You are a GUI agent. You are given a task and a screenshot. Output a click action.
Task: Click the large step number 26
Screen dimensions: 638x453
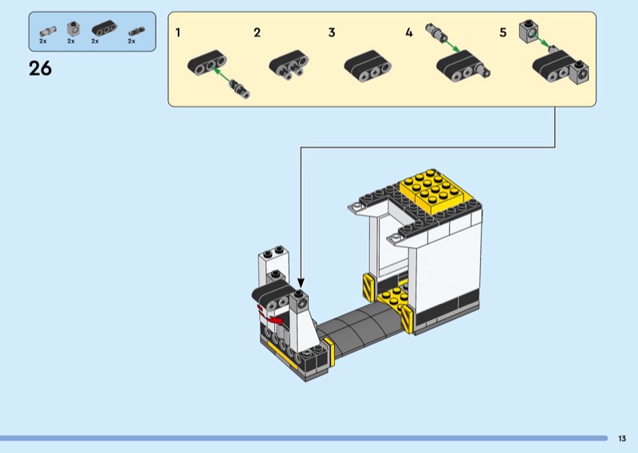pyautogui.click(x=41, y=69)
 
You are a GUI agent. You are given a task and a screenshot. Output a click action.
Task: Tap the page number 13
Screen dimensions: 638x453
pyautogui.click(x=622, y=439)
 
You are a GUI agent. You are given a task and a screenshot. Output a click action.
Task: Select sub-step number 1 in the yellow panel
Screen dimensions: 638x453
pyautogui.click(x=178, y=33)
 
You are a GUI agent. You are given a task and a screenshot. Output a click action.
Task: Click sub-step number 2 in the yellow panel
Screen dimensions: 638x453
pyautogui.click(x=257, y=33)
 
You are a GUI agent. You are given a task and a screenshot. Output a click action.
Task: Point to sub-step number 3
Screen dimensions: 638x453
pyautogui.click(x=332, y=33)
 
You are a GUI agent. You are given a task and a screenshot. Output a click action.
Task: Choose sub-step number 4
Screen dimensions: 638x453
pyautogui.click(x=409, y=33)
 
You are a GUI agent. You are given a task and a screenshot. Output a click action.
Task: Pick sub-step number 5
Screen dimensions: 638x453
pyautogui.click(x=503, y=33)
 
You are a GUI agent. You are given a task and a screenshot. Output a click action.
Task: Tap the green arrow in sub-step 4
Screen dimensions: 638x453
pyautogui.click(x=451, y=45)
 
